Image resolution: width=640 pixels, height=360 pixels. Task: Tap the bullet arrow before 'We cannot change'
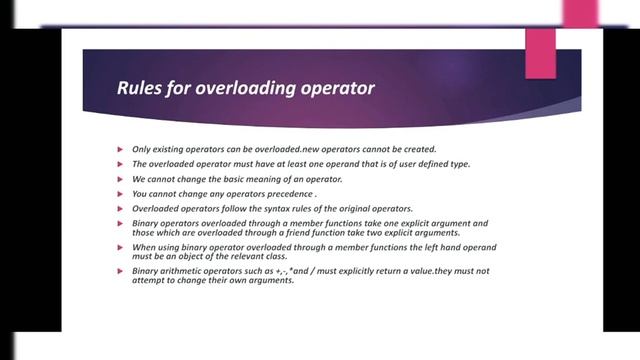click(119, 179)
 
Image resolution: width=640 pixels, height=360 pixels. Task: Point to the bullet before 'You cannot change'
click(119, 194)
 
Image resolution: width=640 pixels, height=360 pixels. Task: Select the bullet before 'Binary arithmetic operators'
click(119, 272)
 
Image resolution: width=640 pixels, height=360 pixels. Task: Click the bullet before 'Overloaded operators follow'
click(119, 208)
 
